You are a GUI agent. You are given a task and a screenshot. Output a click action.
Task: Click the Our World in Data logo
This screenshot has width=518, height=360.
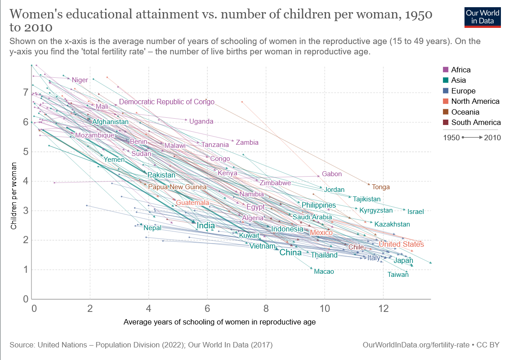[482, 17]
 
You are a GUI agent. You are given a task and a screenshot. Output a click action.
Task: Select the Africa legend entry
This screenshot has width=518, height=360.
[460, 70]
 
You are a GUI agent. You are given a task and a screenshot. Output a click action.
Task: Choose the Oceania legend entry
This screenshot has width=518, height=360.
[465, 112]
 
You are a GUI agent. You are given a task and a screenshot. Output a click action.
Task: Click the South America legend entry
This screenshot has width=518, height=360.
[476, 122]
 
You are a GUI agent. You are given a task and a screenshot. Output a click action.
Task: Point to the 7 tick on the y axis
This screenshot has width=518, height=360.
[26, 93]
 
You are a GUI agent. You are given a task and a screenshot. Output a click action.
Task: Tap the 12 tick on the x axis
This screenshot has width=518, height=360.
[383, 309]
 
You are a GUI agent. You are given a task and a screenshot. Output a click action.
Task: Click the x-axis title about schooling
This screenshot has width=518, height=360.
[219, 322]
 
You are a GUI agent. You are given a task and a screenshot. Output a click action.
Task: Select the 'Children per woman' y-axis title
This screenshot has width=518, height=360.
[14, 196]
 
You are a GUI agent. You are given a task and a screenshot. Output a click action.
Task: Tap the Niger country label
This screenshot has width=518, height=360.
[80, 80]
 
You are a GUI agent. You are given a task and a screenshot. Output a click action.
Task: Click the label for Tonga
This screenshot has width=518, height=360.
[381, 187]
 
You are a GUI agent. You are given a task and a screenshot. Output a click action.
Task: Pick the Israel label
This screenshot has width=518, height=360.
[415, 211]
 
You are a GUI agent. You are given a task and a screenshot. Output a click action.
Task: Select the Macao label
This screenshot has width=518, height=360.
[324, 271]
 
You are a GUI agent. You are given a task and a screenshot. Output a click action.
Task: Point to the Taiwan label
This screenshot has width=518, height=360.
[398, 274]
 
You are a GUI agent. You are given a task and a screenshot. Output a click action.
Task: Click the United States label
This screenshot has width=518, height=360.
[401, 244]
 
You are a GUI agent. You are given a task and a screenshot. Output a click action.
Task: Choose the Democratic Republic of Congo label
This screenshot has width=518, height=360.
[167, 102]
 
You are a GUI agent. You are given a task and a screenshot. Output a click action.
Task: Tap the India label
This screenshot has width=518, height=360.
[206, 225]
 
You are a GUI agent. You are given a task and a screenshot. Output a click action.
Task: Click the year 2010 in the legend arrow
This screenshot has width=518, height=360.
[492, 138]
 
